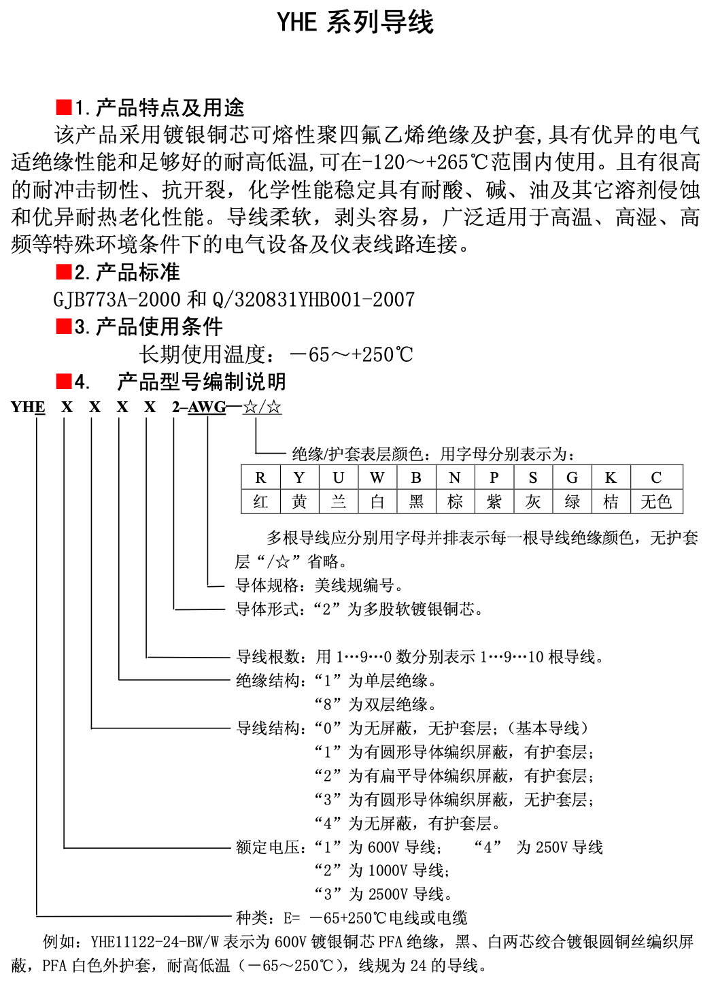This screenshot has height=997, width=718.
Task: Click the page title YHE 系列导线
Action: click(x=355, y=22)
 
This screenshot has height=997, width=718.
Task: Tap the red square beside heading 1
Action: click(x=64, y=107)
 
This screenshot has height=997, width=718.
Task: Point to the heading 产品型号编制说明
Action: click(x=201, y=382)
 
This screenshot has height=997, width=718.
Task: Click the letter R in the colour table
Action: click(x=260, y=477)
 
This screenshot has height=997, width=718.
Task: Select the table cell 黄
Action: click(x=299, y=502)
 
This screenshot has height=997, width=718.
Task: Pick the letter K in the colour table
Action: click(x=611, y=477)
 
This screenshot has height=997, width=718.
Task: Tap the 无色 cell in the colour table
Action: click(x=656, y=502)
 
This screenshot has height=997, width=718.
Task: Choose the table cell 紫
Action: click(x=494, y=502)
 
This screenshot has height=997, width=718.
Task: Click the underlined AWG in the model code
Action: click(x=207, y=407)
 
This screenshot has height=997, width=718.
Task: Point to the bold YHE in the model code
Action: click(x=28, y=407)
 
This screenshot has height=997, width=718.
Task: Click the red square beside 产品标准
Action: click(x=64, y=272)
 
